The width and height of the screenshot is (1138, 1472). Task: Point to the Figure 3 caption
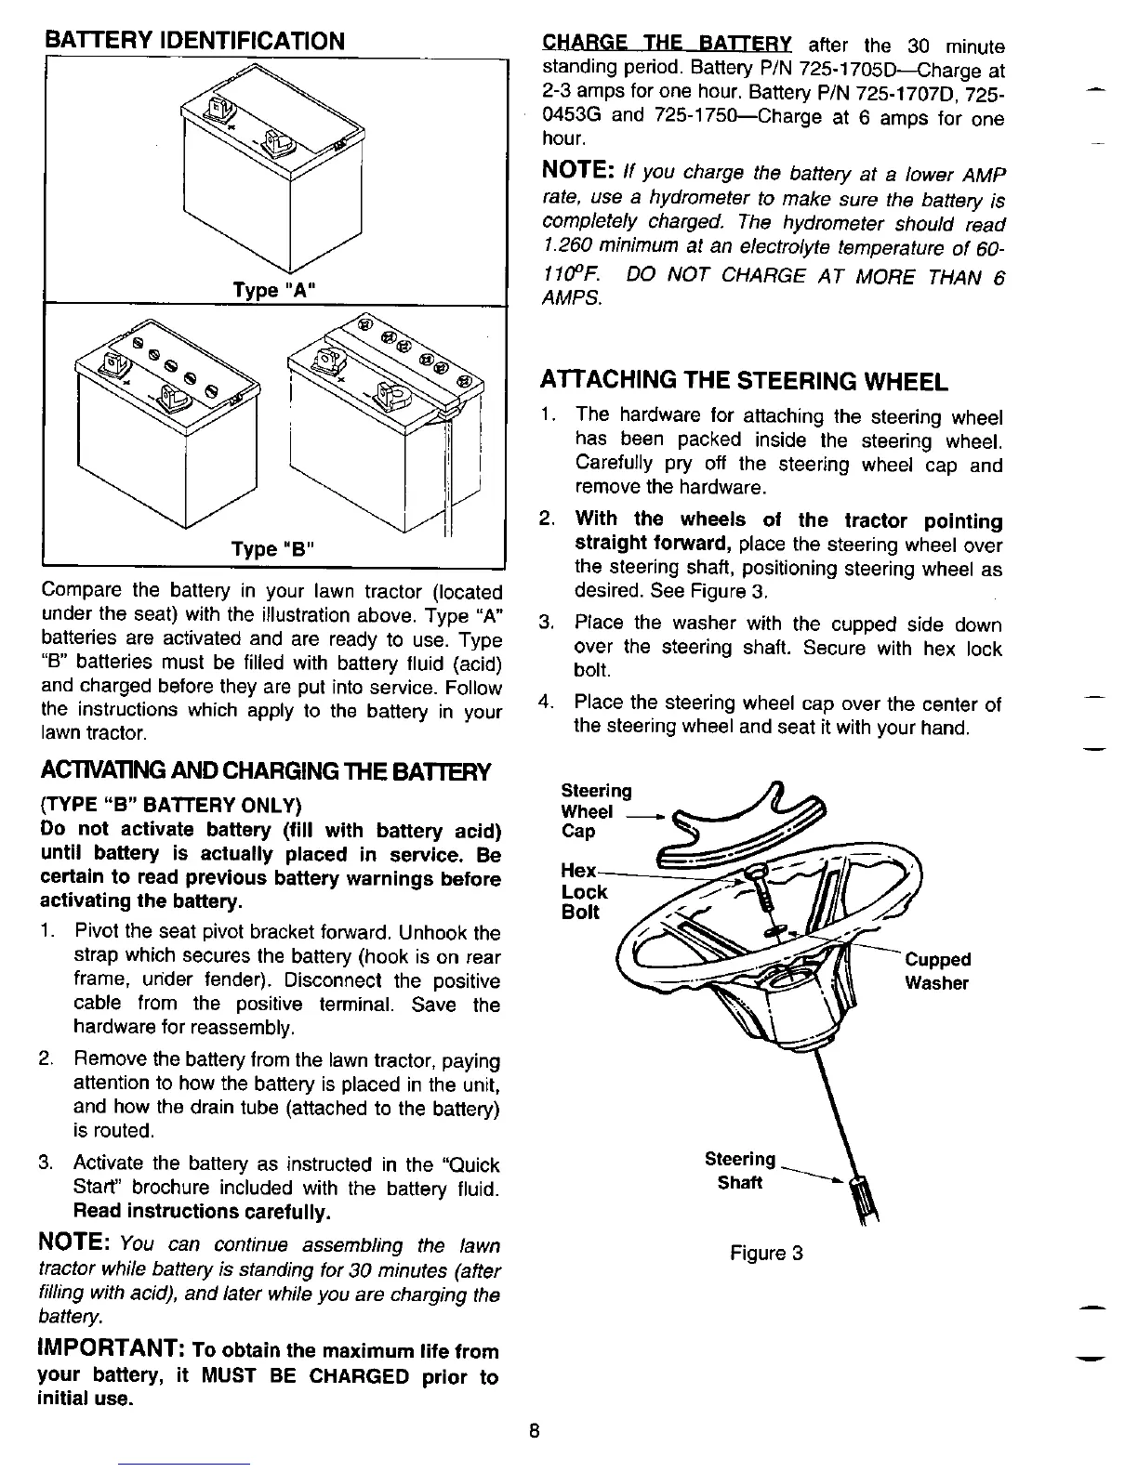click(x=766, y=1253)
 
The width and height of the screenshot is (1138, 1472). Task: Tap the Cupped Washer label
click(x=937, y=971)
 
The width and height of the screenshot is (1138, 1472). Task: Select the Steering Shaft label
click(x=740, y=1171)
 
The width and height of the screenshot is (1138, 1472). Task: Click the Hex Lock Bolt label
click(x=584, y=892)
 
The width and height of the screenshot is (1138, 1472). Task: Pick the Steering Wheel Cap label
click(x=596, y=810)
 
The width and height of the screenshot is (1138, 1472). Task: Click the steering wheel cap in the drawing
click(x=744, y=822)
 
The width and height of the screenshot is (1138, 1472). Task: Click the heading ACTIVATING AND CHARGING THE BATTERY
click(x=265, y=771)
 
